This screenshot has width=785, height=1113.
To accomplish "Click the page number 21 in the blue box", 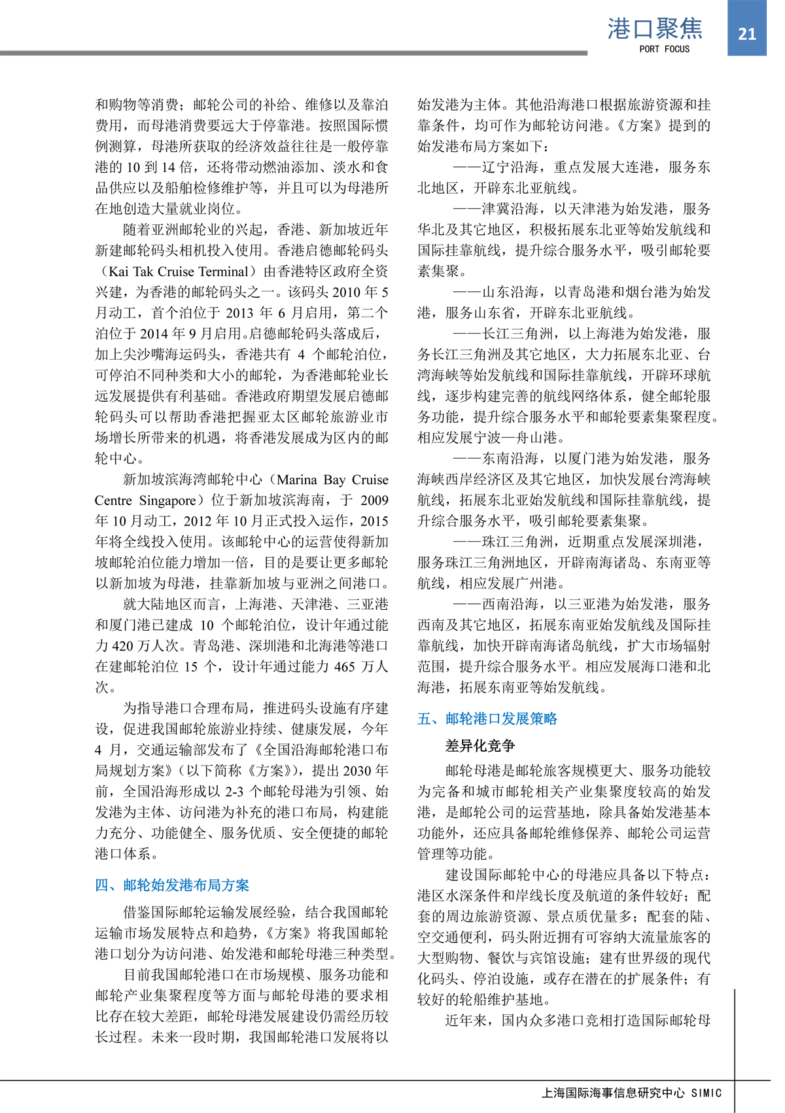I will point(746,33).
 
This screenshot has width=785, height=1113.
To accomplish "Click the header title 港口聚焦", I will point(655,29).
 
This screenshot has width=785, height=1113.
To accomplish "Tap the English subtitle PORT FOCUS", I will point(664,49).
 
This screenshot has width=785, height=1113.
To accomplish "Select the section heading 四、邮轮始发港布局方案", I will point(172,885).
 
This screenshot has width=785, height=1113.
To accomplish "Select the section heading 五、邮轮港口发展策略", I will point(487,718).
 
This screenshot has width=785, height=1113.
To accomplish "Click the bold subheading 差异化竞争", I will point(480,745).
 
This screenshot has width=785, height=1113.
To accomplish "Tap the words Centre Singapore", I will point(145,501).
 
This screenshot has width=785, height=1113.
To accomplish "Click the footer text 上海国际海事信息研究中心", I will point(614,1093).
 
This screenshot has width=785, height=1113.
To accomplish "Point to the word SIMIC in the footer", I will point(706,1093).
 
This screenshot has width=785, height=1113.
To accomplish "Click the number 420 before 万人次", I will point(123,646).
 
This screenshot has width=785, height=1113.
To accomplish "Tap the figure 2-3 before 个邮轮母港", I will point(234,792).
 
